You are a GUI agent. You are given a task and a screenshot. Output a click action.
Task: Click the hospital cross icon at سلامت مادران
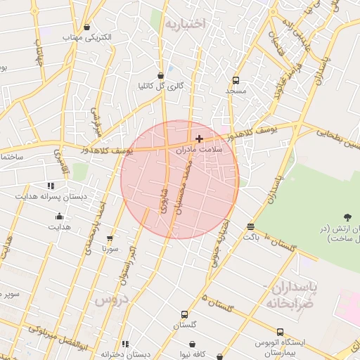point(200,139)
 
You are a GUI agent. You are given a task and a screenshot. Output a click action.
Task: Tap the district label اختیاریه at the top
point(184,24)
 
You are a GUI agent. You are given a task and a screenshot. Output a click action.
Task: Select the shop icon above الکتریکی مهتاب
point(86,27)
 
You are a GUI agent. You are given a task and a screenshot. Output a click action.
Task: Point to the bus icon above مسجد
point(235,80)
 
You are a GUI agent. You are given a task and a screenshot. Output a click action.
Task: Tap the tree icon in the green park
point(348,218)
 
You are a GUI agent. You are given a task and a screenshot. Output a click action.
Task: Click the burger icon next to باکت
point(251,226)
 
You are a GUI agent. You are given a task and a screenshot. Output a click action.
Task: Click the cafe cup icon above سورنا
point(109,238)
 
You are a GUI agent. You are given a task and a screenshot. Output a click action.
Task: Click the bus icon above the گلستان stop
point(184,314)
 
